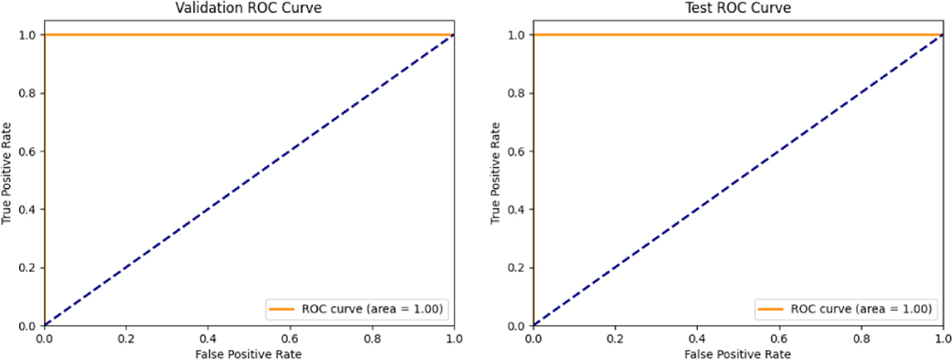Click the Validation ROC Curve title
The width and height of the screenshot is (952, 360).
click(x=248, y=8)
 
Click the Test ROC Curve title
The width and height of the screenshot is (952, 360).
click(x=738, y=8)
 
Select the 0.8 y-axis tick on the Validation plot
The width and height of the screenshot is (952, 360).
click(x=27, y=93)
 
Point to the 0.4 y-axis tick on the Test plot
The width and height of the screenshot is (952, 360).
click(x=516, y=210)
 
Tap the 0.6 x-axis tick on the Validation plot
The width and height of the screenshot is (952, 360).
click(x=290, y=338)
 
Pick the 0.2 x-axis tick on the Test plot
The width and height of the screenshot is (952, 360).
click(x=615, y=338)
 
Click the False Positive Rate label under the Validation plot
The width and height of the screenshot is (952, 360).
click(x=248, y=354)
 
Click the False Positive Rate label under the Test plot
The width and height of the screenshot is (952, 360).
click(x=737, y=354)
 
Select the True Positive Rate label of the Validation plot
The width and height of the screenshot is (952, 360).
click(x=7, y=173)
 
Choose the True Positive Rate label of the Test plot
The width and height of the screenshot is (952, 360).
click(x=495, y=173)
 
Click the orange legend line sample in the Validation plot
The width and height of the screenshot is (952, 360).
click(x=282, y=309)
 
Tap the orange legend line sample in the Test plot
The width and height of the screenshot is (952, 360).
click(x=771, y=309)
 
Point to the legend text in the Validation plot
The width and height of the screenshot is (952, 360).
click(x=372, y=309)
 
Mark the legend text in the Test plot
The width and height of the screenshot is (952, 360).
click(x=861, y=309)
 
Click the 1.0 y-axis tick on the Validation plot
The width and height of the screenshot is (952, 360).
click(x=27, y=35)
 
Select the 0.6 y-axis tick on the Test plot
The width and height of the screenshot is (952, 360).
click(x=516, y=151)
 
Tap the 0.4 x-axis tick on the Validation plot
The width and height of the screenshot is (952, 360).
click(x=208, y=338)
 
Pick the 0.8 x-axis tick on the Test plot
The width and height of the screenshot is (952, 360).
click(x=861, y=338)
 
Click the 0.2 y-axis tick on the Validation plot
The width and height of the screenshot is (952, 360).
click(x=27, y=268)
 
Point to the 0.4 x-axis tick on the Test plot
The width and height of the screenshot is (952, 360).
click(x=697, y=338)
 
